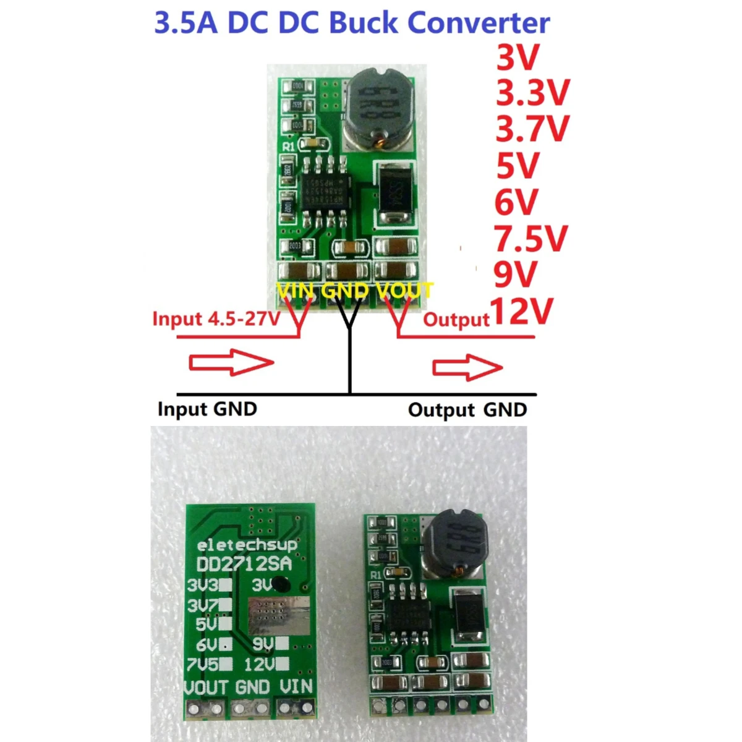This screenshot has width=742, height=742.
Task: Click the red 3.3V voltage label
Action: coord(532,93)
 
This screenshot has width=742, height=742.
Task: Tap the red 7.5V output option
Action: coord(531,238)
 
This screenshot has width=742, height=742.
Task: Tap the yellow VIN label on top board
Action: coord(296,290)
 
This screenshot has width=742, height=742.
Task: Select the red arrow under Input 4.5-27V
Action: coord(231,362)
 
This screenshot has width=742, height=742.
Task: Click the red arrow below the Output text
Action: coord(467,368)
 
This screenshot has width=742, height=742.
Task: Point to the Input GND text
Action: coord(207,409)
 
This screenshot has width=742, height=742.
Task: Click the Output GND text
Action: coord(467,410)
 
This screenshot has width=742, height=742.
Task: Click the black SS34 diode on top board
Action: coord(395,193)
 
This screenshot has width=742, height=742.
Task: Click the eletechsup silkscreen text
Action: coord(247,545)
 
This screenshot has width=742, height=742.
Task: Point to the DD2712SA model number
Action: coord(244,564)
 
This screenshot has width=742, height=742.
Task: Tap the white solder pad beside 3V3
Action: coord(226,584)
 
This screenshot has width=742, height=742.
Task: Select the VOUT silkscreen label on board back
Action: coord(207,687)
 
